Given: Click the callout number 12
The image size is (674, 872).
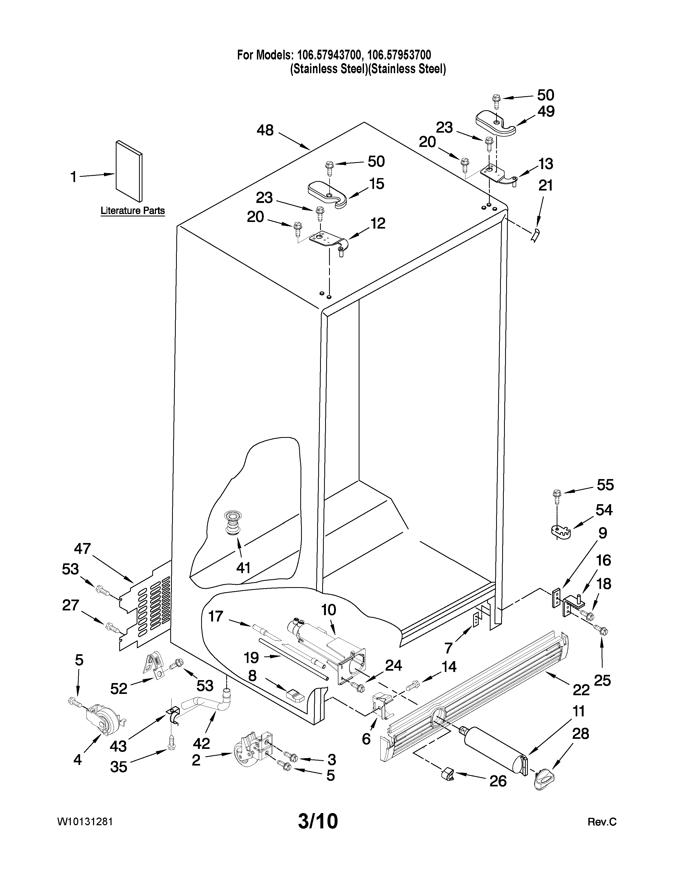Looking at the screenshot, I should [378, 223].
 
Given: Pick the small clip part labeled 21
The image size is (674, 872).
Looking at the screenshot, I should [535, 235].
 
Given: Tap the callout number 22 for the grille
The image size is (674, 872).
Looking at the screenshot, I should [581, 689].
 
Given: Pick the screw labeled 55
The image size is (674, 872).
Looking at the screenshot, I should [556, 494].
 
